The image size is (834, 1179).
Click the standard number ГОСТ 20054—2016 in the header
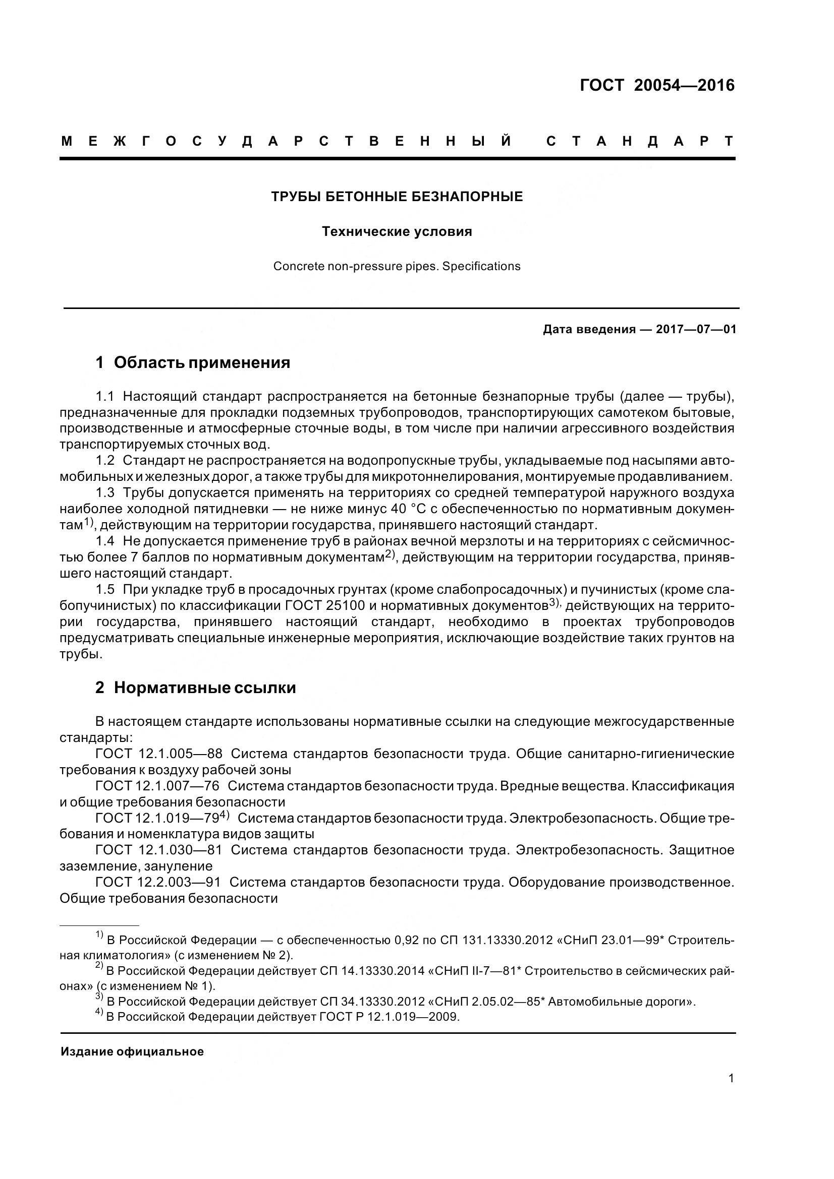click(657, 85)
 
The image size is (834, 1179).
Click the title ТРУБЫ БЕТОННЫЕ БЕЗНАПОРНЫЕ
click(397, 197)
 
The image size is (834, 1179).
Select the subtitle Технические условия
click(397, 231)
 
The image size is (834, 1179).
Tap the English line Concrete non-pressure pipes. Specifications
click(397, 267)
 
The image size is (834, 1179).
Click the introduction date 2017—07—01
click(696, 329)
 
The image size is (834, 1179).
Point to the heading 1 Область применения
click(193, 363)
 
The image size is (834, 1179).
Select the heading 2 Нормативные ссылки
click(195, 688)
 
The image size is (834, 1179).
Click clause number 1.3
click(105, 493)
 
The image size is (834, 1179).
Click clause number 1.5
click(105, 590)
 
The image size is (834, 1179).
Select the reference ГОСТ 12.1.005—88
click(159, 754)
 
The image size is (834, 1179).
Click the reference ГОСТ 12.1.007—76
click(157, 786)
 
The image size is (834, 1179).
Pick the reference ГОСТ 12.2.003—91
click(158, 882)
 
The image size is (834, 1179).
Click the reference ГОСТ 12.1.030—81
click(159, 850)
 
